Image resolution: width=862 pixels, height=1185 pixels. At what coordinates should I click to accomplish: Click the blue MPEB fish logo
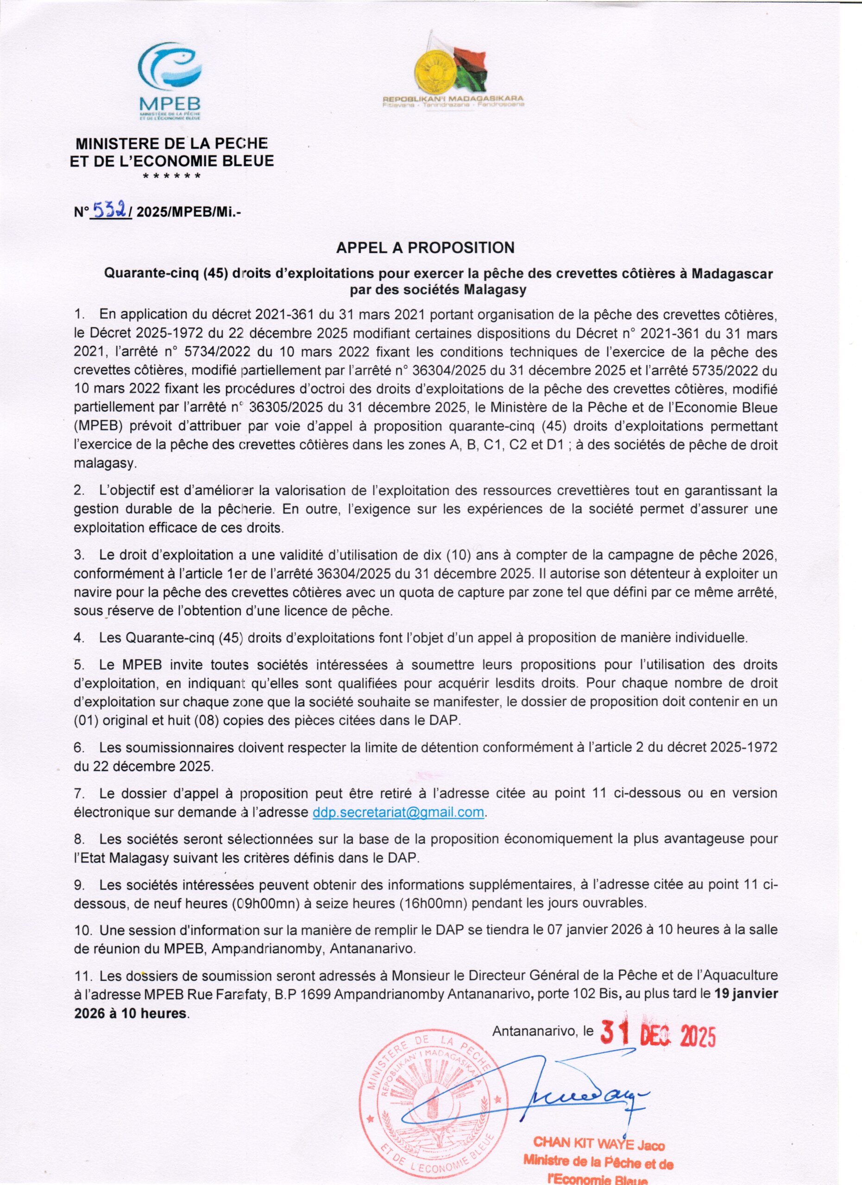click(170, 65)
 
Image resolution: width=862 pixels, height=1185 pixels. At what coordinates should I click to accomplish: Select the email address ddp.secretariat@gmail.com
click(399, 813)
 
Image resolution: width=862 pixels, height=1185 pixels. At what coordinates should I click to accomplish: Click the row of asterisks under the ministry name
click(171, 177)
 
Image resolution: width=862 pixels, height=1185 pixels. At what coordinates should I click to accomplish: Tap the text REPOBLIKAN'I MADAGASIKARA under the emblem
click(453, 98)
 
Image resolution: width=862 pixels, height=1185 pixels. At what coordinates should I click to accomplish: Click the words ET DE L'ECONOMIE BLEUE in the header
click(172, 161)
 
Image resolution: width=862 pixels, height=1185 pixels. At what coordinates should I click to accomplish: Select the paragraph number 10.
click(82, 930)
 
